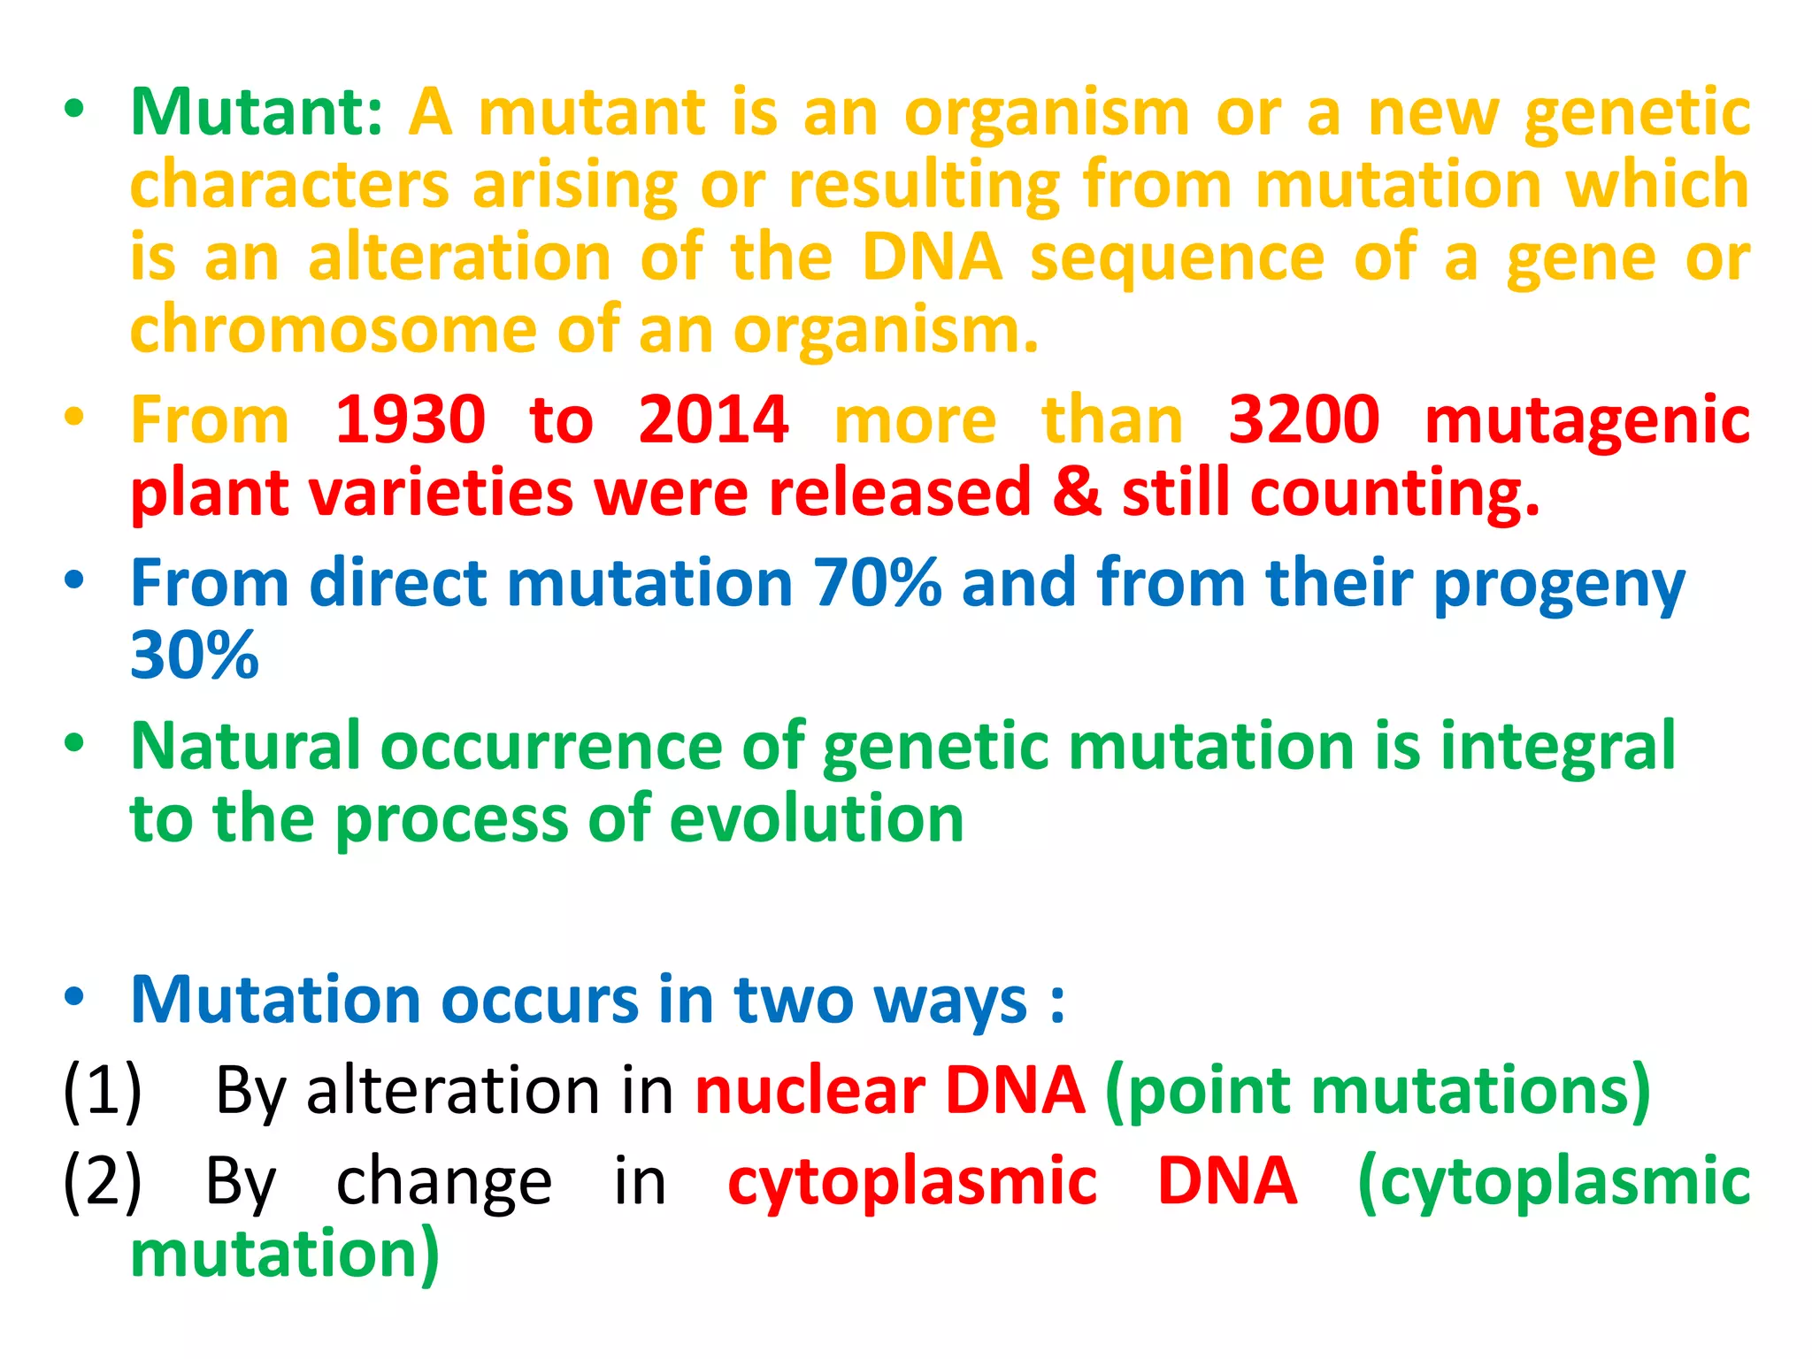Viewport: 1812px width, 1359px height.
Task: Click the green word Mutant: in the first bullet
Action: pyautogui.click(x=257, y=113)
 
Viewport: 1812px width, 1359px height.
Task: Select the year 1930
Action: pyautogui.click(x=411, y=419)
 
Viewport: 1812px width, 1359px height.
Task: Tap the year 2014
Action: pyautogui.click(x=713, y=419)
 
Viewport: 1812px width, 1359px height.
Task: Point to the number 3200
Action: pyautogui.click(x=1304, y=419)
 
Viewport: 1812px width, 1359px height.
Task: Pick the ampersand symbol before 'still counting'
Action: pyautogui.click(x=1077, y=492)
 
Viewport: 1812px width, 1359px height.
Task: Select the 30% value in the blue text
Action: pyautogui.click(x=194, y=656)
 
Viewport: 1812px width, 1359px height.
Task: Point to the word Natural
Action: pyautogui.click(x=245, y=747)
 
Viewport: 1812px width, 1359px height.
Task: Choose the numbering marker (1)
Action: pyautogui.click(x=103, y=1091)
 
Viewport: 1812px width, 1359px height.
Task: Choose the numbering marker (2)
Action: pyautogui.click(x=103, y=1182)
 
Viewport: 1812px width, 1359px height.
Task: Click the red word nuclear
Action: pyautogui.click(x=810, y=1091)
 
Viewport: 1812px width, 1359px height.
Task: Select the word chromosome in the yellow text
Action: pyautogui.click(x=333, y=330)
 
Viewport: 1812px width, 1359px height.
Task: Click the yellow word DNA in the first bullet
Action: pyautogui.click(x=932, y=258)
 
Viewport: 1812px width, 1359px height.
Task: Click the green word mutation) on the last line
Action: pyautogui.click(x=284, y=1255)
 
